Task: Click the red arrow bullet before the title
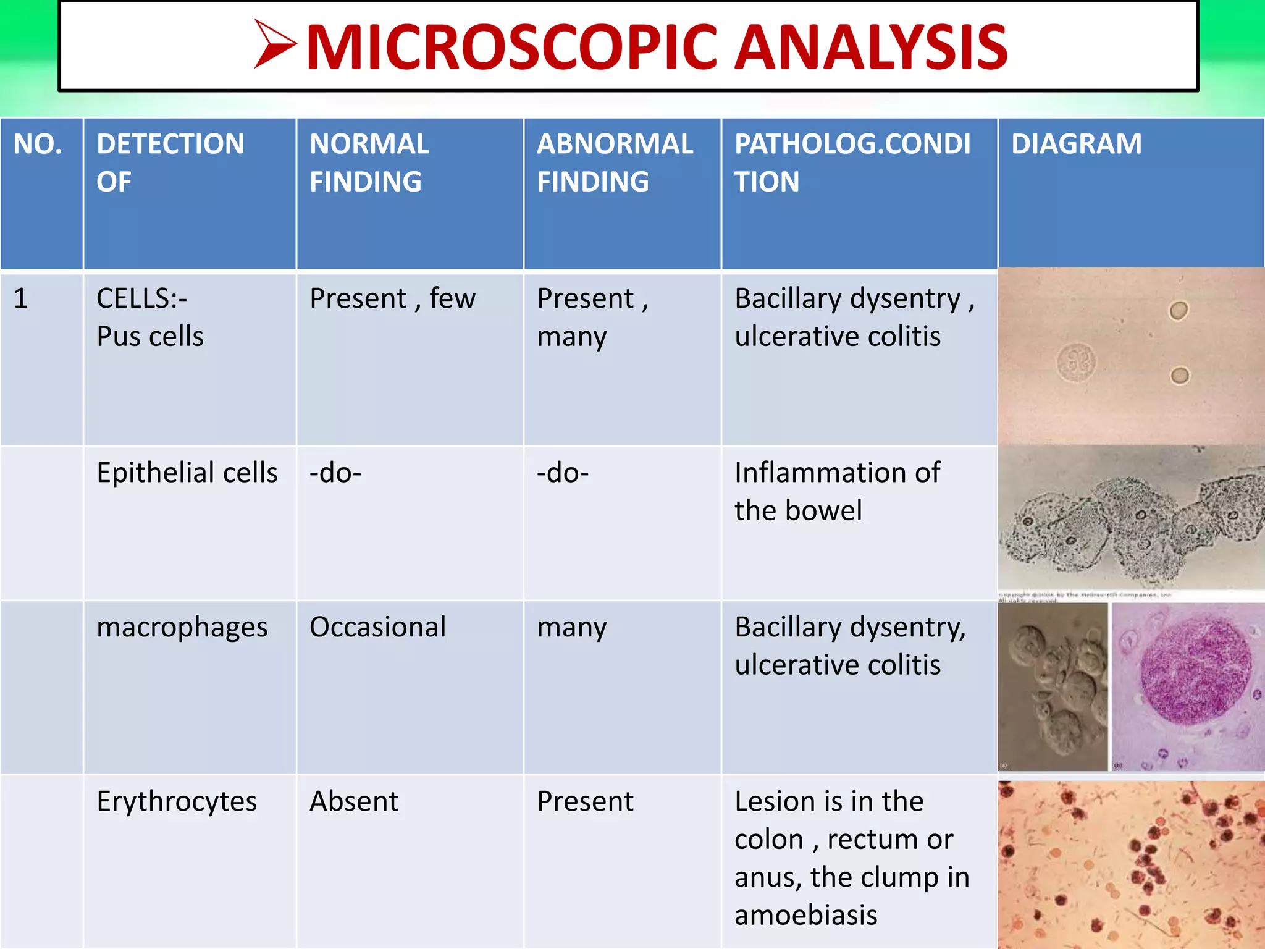click(275, 44)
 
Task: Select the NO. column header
click(38, 145)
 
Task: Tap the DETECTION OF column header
click(170, 162)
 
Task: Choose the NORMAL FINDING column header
click(369, 162)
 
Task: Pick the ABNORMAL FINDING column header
click(615, 162)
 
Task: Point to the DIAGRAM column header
click(1076, 145)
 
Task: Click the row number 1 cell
click(21, 299)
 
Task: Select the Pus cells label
click(150, 337)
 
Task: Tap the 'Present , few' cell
click(392, 299)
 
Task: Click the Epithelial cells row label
click(187, 473)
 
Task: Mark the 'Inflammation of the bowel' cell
click(837, 492)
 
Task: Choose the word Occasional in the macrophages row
click(377, 628)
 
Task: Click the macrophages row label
click(182, 628)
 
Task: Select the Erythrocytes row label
click(177, 802)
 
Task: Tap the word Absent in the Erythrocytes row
click(354, 802)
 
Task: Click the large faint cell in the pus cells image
click(1076, 363)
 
